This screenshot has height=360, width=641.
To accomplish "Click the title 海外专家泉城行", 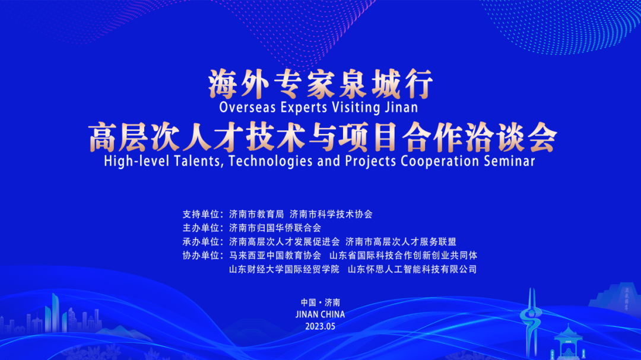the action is coord(320,84).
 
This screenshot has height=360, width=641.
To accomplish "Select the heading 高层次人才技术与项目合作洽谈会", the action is coord(322,137).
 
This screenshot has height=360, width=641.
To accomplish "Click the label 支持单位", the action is coord(201,214).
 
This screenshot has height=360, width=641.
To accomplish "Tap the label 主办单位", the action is coord(201,228).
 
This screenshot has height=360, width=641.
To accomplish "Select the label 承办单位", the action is coord(201,241).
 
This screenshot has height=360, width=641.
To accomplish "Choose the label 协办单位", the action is coord(201,256).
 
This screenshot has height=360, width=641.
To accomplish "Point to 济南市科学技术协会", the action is coord(331,214).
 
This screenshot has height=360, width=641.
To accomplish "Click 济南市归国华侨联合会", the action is coord(275,228).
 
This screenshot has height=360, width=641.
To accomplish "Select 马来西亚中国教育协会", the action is coord(275,256).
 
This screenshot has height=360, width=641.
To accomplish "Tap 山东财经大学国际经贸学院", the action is coord(284,269).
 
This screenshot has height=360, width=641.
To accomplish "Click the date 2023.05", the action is coord(320,327).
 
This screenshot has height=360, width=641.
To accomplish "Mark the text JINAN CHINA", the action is coord(320,314).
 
